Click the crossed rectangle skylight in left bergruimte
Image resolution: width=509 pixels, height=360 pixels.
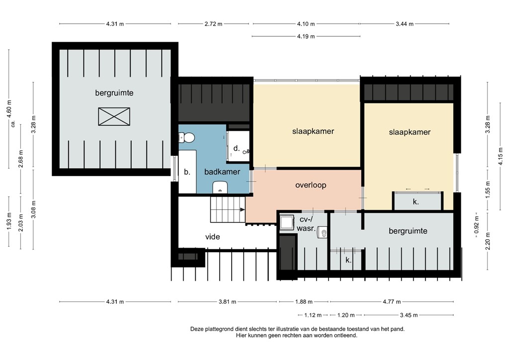point(114,117)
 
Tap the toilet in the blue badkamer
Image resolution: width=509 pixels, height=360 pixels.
point(187,138)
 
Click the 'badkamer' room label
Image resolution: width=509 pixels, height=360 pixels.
point(222,172)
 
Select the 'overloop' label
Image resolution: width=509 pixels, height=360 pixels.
point(311,185)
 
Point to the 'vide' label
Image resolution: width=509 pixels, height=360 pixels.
point(213,237)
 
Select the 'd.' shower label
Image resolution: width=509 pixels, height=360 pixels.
point(237,148)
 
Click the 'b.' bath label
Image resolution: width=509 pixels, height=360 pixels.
point(187,172)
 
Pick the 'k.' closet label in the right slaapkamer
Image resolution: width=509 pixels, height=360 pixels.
point(416,201)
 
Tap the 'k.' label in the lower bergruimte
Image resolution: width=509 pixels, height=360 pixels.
point(349,259)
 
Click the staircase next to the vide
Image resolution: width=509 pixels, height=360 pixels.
point(227,209)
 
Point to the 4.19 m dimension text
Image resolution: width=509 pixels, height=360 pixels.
point(306,36)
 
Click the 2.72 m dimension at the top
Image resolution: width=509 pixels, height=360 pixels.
point(215,24)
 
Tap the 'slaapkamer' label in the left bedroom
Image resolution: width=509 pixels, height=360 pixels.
point(313,131)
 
